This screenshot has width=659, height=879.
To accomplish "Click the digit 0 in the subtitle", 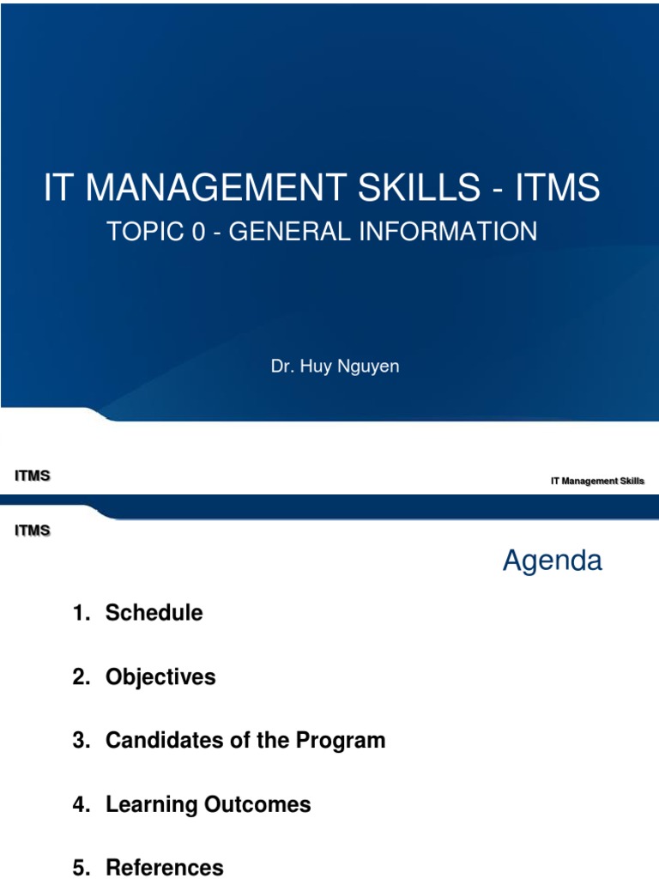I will coord(199,231).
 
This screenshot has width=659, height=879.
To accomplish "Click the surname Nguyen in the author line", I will coord(366,367).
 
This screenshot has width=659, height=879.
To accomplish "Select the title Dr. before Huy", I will coord(283,367).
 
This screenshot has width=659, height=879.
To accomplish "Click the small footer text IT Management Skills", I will coord(597,482).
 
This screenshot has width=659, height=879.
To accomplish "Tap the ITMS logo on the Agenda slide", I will coord(33,531).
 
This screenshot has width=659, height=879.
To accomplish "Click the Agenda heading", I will coord(552,561).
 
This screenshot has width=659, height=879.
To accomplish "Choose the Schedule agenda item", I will coord(154,613).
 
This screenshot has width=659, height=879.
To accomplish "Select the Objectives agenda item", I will coord(160,677).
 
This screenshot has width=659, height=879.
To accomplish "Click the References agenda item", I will coord(164,868).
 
